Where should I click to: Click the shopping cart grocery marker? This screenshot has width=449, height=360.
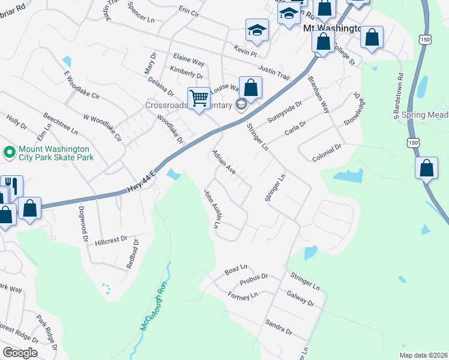[199, 98]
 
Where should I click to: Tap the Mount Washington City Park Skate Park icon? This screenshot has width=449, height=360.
[9, 152]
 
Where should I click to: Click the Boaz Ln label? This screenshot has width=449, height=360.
[236, 268]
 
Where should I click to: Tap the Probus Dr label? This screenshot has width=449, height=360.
[253, 280]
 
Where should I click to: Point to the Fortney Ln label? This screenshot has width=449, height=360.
[243, 295]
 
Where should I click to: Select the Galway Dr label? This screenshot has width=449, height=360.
[301, 298]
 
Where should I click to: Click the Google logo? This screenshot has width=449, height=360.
[19, 353]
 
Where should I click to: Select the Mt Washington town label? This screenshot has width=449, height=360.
[332, 28]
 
